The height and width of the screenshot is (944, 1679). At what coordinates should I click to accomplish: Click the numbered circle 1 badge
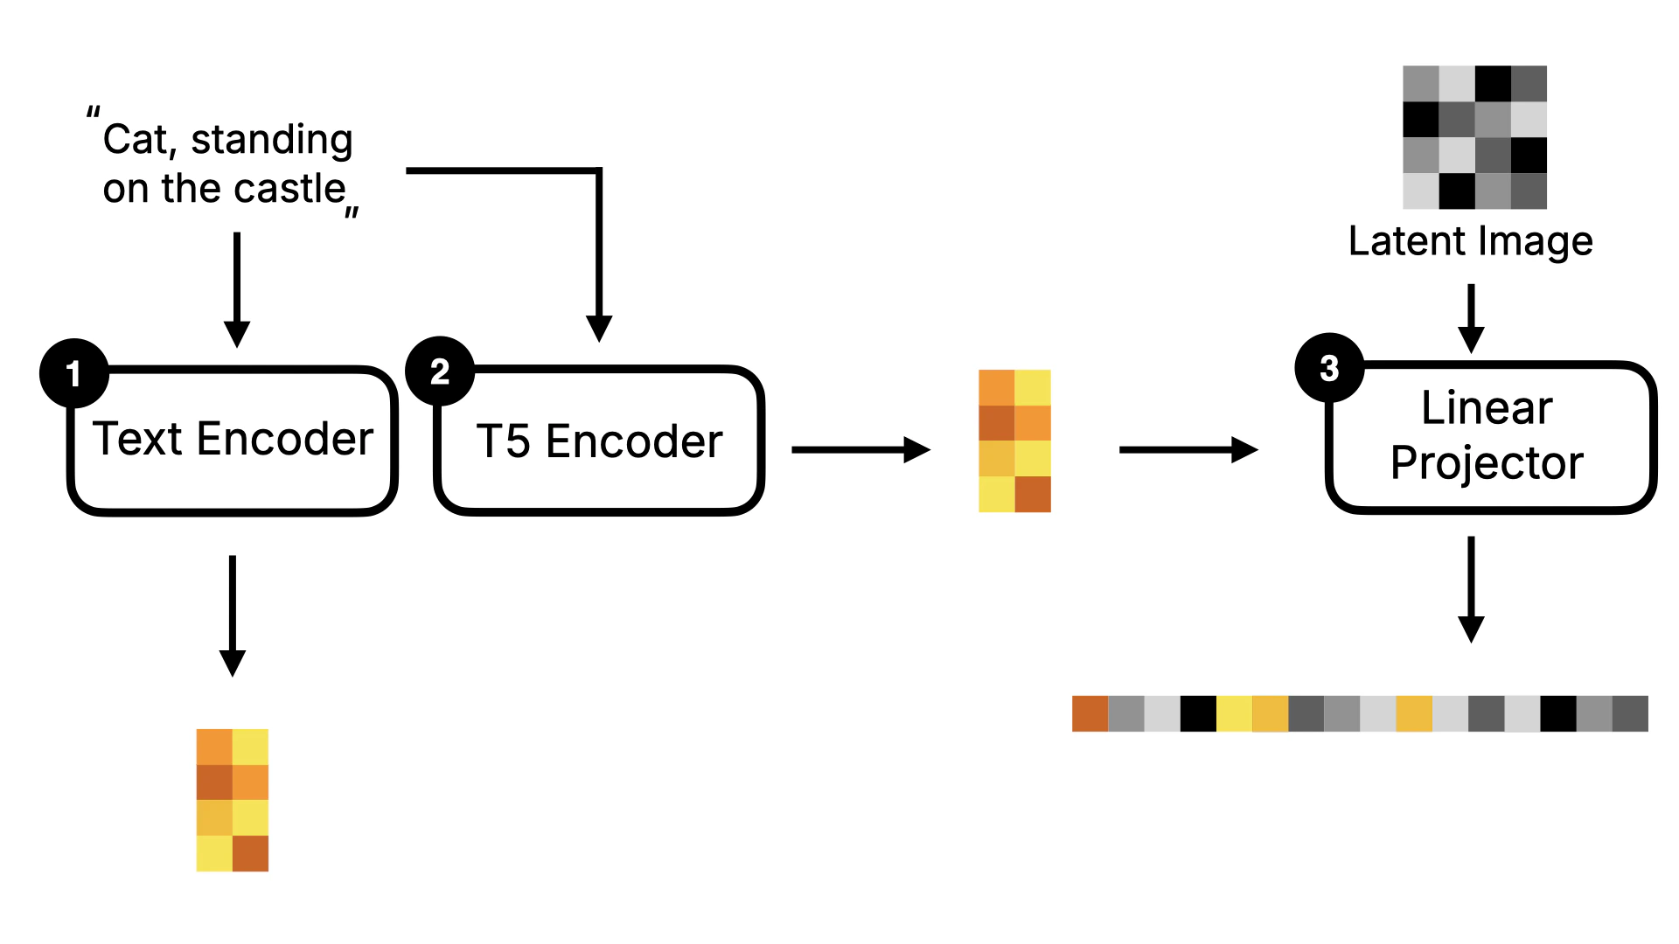(x=74, y=373)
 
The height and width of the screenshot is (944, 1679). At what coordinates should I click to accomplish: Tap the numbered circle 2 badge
(x=440, y=371)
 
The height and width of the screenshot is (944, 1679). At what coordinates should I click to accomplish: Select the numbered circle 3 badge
(x=1329, y=368)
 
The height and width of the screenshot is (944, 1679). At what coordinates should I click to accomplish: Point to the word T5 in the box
(x=504, y=441)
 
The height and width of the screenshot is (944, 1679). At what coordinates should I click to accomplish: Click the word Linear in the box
(x=1487, y=407)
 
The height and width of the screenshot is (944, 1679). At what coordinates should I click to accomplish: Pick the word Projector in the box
(x=1487, y=462)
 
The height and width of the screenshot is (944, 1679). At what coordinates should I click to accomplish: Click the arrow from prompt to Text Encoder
(x=237, y=288)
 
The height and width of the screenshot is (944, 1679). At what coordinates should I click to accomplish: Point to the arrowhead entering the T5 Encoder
(x=599, y=329)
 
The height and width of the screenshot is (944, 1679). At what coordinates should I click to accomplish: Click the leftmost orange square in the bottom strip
(x=1090, y=713)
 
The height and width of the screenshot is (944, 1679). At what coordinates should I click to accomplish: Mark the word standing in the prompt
(x=272, y=140)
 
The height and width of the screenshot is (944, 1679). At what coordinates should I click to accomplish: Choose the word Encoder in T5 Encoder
(x=634, y=441)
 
